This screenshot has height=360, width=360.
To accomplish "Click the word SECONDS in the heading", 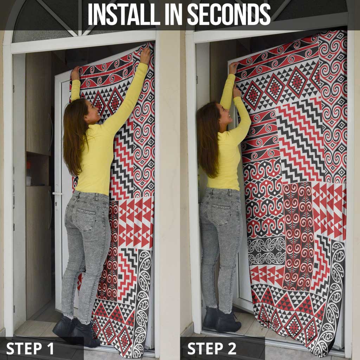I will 229,15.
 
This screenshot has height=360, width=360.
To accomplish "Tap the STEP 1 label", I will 30,348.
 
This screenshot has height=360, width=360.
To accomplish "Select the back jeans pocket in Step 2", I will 220,214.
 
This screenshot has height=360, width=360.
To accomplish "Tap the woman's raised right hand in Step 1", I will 145,56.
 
